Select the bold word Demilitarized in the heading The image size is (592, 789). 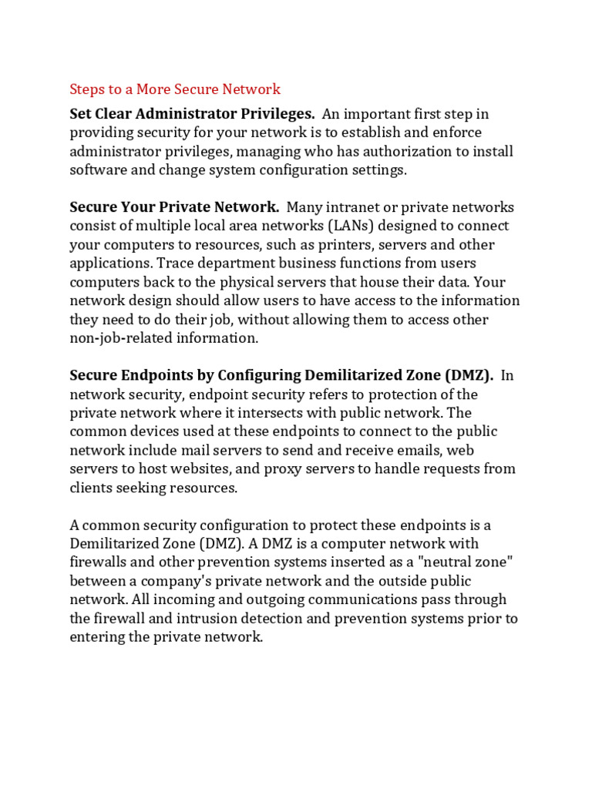[360, 376]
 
